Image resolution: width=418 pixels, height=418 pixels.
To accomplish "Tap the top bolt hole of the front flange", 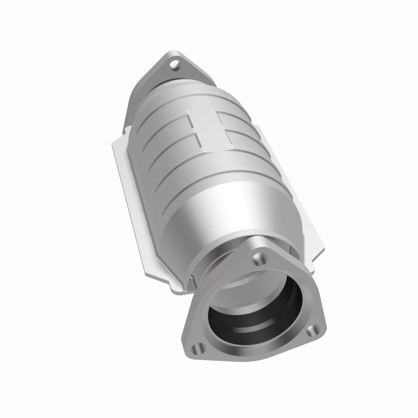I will coord(257,258).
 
